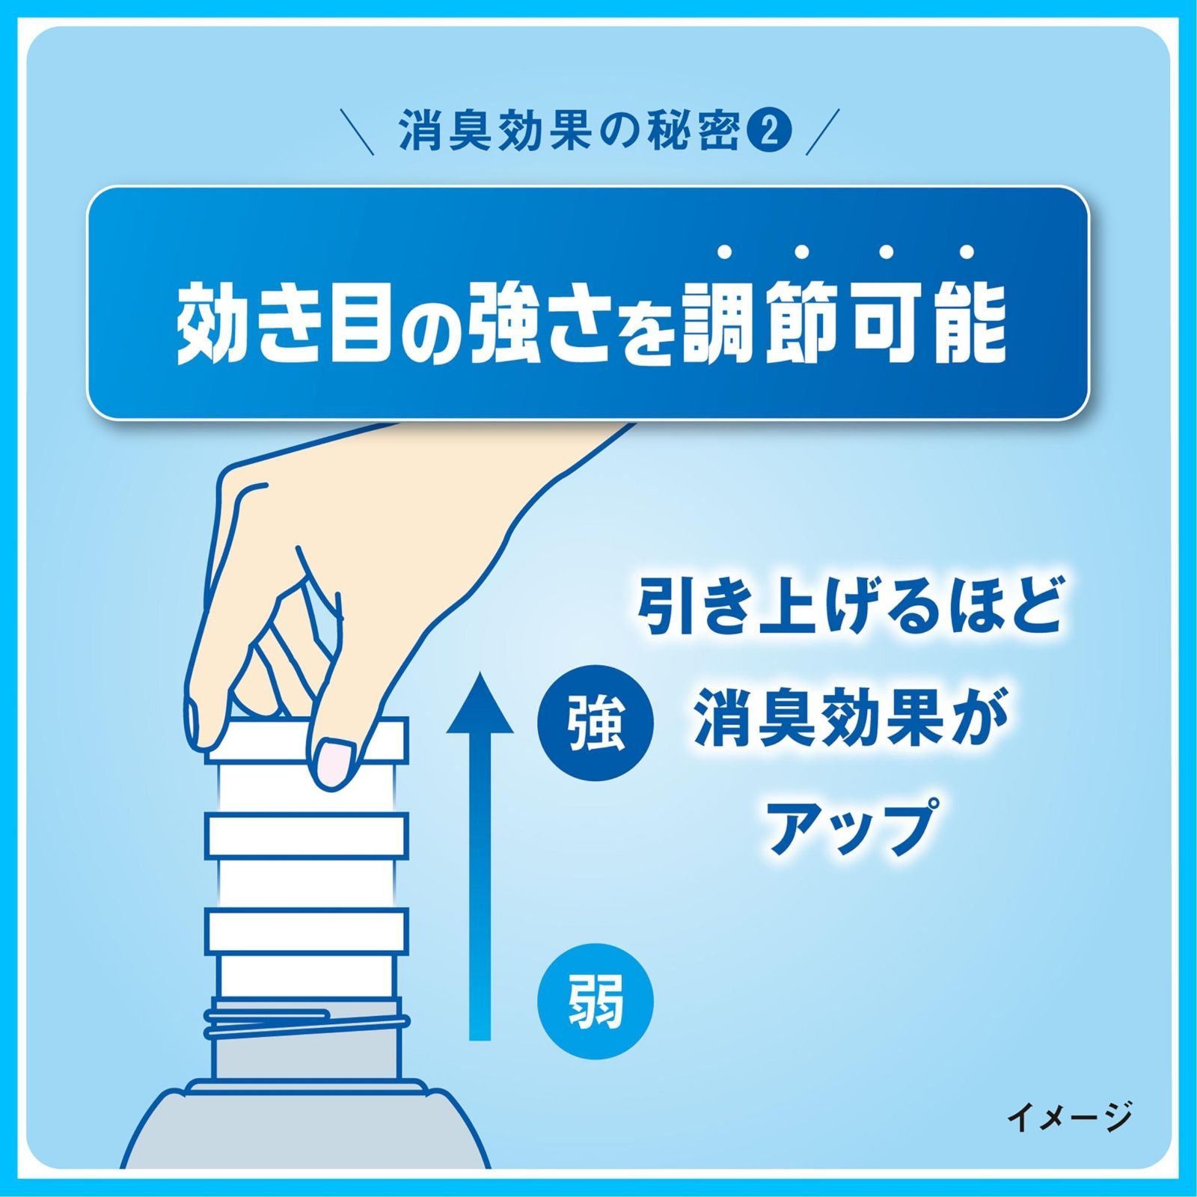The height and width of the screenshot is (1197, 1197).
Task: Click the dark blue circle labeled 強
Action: [x=596, y=723]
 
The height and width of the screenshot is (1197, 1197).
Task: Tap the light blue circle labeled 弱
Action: [x=596, y=1002]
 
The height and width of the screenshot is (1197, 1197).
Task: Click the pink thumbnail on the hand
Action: [x=334, y=762]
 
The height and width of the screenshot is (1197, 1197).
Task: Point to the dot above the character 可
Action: [x=885, y=252]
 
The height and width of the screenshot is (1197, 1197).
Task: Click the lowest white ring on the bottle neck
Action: [x=307, y=930]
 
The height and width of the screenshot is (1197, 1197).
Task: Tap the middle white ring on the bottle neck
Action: [x=307, y=836]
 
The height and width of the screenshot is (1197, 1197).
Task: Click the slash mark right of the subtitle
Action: [x=824, y=132]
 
